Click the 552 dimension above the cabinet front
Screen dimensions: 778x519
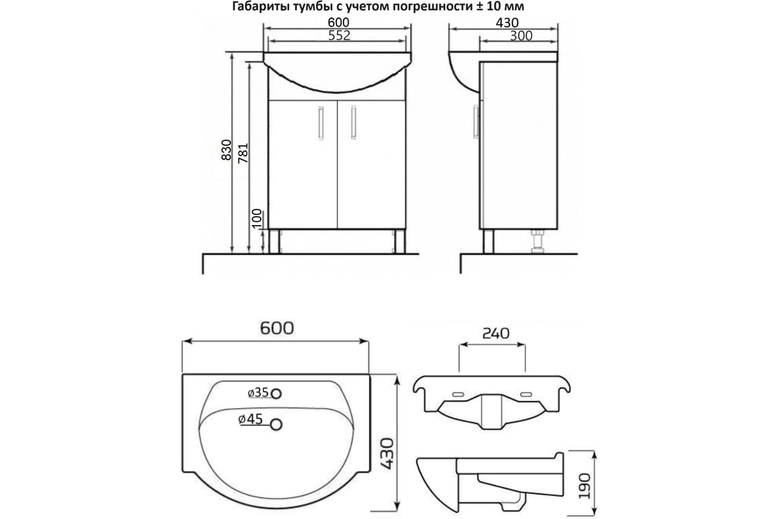tap(339, 36)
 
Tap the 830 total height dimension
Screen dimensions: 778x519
tap(226, 150)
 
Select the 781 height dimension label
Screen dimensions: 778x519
tap(243, 153)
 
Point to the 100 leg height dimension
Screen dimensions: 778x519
tap(257, 219)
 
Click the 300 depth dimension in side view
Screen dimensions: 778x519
tap(521, 36)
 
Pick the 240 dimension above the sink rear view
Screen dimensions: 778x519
tap(495, 333)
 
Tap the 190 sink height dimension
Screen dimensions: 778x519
tap(585, 486)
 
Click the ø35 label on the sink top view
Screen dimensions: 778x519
tap(258, 392)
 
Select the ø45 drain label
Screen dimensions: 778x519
tap(250, 419)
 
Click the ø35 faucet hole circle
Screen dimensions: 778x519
tap(276, 394)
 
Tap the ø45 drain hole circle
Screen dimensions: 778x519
tap(276, 425)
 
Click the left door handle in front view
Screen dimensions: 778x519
tap(320, 123)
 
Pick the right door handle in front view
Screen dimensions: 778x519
tap(353, 123)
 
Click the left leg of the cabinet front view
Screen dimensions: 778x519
tap(274, 241)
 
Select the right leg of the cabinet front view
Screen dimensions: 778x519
tap(399, 241)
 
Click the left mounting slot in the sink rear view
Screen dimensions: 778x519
tap(458, 394)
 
